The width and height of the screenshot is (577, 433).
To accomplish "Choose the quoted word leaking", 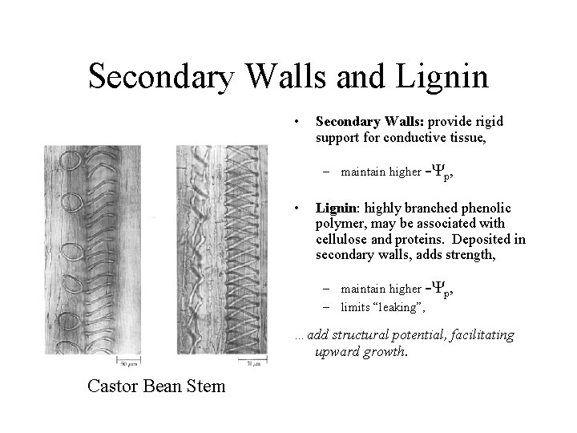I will [x=398, y=306].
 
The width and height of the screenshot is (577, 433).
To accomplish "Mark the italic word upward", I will [x=336, y=351].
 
